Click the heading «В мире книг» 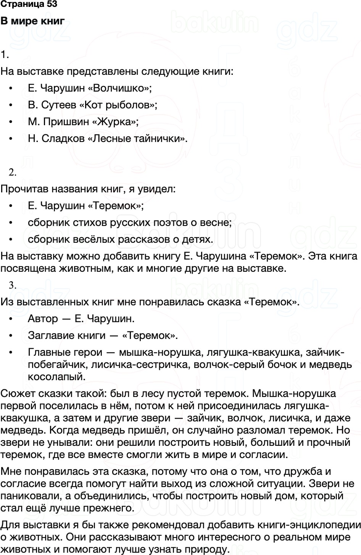[x=32, y=21]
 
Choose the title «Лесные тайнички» [x=137, y=139]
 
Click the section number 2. [x=12, y=173]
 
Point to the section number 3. [x=12, y=285]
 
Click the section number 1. [x=4, y=55]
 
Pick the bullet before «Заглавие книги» [x=11, y=336]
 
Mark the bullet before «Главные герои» [x=11, y=353]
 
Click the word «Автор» [x=43, y=318]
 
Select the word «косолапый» [x=56, y=377]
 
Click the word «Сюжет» [x=17, y=394]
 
